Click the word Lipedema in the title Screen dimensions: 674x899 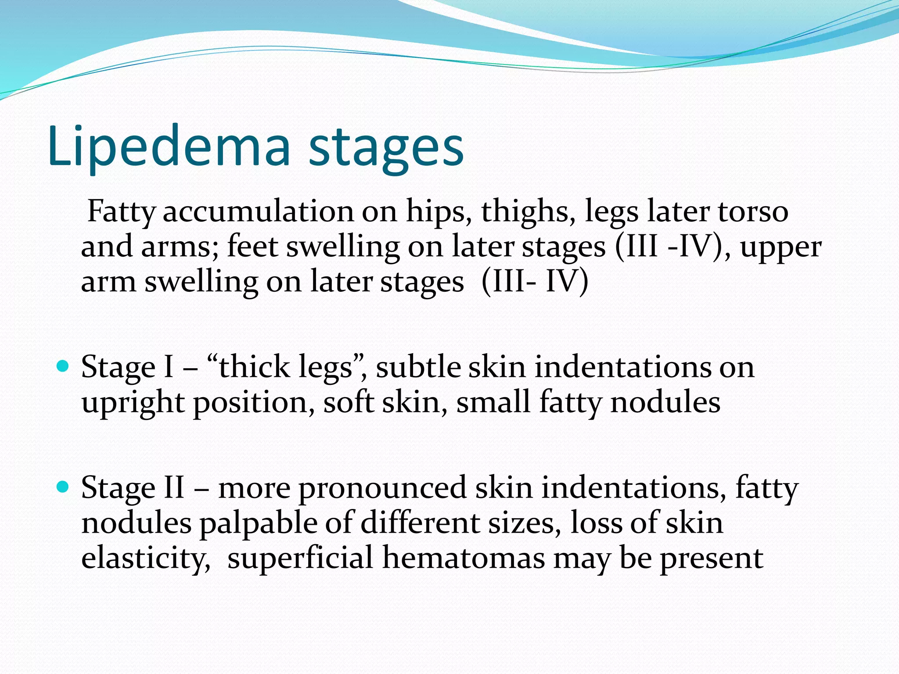coord(169,147)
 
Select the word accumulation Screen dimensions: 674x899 coord(258,212)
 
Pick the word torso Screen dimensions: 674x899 coord(753,212)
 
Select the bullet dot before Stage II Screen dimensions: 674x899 coord(64,487)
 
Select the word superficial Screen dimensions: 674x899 coord(300,558)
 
